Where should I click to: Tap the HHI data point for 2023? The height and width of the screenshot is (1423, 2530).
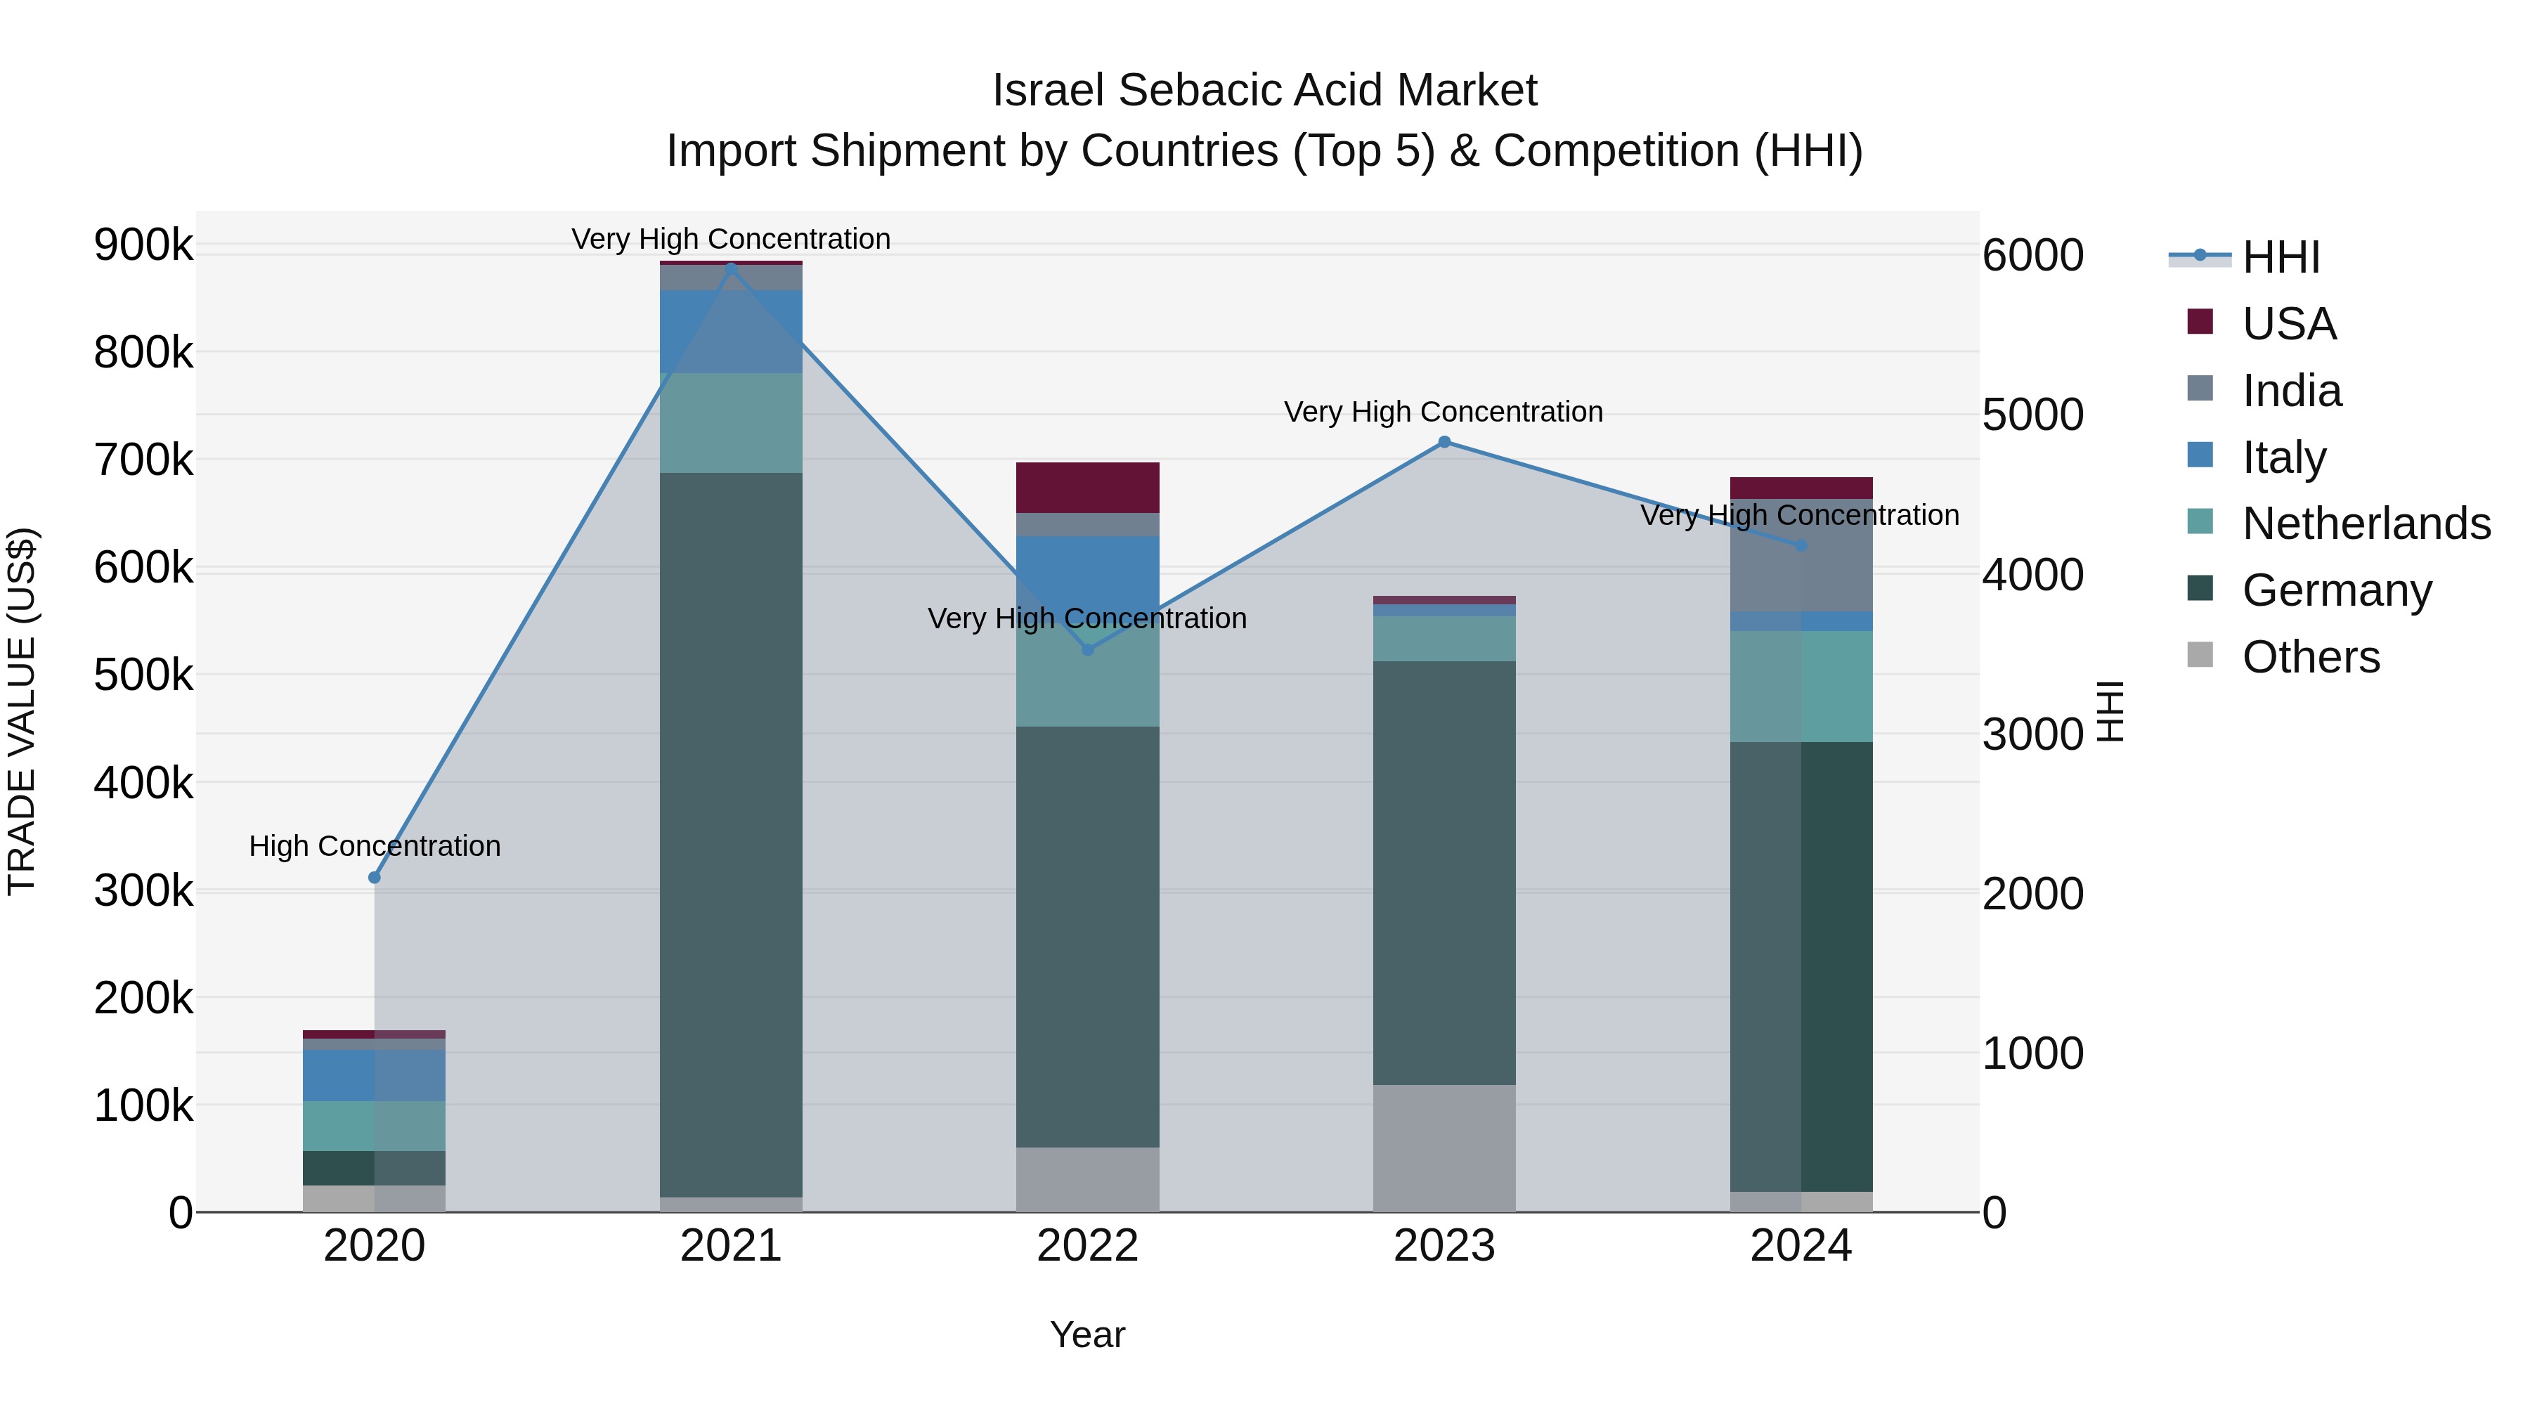pos(1444,442)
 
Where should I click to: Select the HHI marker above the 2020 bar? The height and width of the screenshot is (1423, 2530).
pos(374,877)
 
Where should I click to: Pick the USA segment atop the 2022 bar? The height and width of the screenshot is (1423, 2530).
pos(1087,487)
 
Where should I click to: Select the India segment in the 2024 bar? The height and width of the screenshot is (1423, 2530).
pos(1801,556)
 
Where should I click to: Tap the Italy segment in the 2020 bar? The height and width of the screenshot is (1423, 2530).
pos(373,1075)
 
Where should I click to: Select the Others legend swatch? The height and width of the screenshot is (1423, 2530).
pos(2200,655)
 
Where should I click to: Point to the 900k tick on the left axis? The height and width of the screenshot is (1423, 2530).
pos(143,245)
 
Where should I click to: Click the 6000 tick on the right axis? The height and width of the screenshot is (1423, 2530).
pos(2032,255)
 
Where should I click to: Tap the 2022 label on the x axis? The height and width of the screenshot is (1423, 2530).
pos(1087,1246)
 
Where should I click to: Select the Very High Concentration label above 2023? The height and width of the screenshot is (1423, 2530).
pos(1443,412)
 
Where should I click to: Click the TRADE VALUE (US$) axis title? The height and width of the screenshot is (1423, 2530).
pos(22,711)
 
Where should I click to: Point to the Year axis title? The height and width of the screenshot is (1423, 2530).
pos(1087,1334)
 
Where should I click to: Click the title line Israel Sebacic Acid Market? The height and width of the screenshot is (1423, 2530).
pos(1264,91)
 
